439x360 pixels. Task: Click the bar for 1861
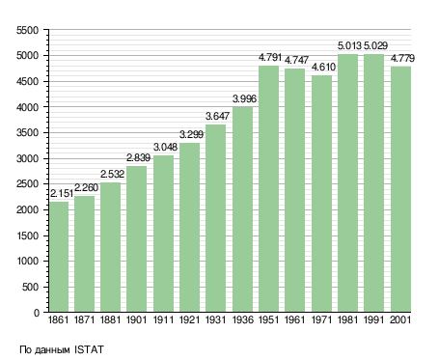click(x=59, y=257)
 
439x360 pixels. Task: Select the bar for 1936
click(x=243, y=209)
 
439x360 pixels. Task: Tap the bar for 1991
click(x=374, y=182)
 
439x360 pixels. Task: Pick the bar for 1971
click(x=321, y=194)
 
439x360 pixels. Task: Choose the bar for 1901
click(x=136, y=239)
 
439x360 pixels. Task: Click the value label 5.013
click(x=349, y=46)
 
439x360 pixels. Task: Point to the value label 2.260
click(x=86, y=187)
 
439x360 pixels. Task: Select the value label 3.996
click(x=244, y=98)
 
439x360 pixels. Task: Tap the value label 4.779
click(x=402, y=59)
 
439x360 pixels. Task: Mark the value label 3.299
click(x=191, y=134)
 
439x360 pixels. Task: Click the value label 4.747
click(x=296, y=60)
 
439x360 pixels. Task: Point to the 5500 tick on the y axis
click(x=27, y=30)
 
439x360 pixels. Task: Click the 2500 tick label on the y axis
click(x=27, y=184)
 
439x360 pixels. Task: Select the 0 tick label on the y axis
click(x=36, y=313)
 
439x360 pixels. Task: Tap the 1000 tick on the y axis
click(x=27, y=262)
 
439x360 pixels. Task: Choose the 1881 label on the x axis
click(x=110, y=320)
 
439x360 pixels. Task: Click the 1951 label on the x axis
click(x=268, y=320)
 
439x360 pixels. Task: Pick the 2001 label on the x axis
click(x=400, y=320)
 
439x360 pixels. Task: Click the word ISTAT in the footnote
click(x=89, y=349)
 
